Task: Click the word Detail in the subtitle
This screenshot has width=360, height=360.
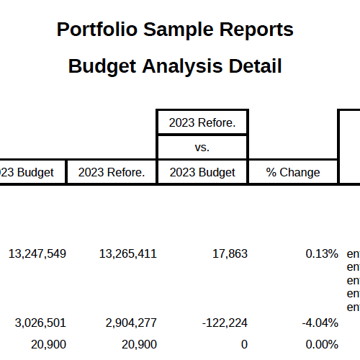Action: pyautogui.click(x=253, y=66)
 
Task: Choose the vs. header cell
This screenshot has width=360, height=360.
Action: pyautogui.click(x=202, y=148)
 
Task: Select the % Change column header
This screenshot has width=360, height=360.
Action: pyautogui.click(x=293, y=172)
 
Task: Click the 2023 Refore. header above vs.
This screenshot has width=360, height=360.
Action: pyautogui.click(x=202, y=122)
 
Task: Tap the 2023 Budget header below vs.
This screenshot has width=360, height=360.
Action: pyautogui.click(x=202, y=172)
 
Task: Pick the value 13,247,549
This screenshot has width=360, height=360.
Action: pyautogui.click(x=37, y=253)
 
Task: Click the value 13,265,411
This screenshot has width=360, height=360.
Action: pyautogui.click(x=127, y=253)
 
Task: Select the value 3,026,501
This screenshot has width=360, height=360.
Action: pyautogui.click(x=40, y=322)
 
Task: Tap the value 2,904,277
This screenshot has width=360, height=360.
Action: pyautogui.click(x=131, y=322)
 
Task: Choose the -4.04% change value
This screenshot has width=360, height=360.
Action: pyautogui.click(x=319, y=322)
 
